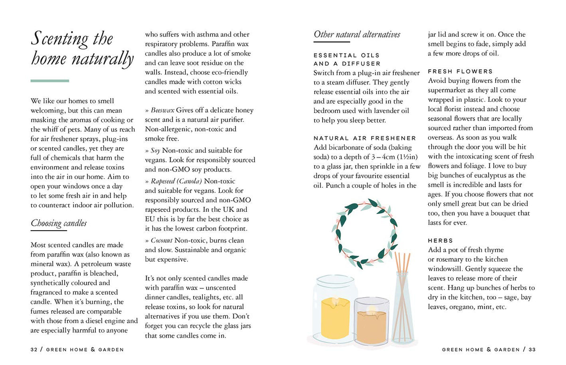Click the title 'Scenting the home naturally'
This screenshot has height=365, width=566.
pos(82,49)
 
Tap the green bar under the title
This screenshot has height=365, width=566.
pos(50,81)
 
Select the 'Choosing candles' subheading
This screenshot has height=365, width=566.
pos(58,223)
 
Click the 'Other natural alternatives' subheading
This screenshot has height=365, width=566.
pos(357,34)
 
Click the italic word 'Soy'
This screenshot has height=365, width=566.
pos(156,150)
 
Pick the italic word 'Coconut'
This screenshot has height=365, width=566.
pos(162,241)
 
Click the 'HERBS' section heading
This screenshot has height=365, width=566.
pos(441,241)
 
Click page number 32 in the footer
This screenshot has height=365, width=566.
pos(33,349)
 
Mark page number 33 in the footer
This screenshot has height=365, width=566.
pos(532,349)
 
